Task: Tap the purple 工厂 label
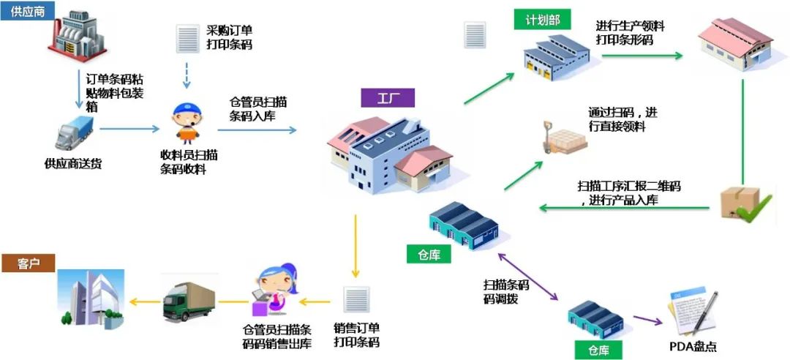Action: [x=387, y=98]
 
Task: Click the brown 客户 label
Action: [x=28, y=263]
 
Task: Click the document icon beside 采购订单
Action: [x=187, y=38]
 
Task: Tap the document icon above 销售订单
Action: [x=356, y=300]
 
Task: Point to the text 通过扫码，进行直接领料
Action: [x=622, y=119]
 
